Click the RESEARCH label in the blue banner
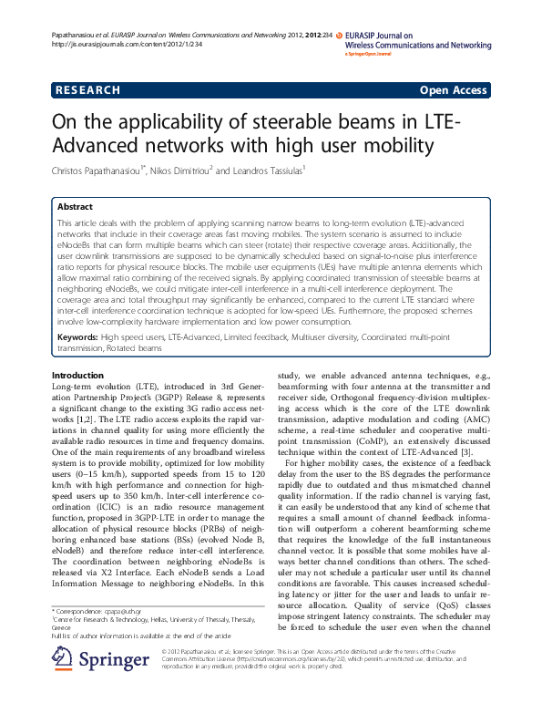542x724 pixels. pyautogui.click(x=87, y=90)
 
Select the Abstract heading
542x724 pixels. pyautogui.click(x=75, y=207)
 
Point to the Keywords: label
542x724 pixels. pyautogui.click(x=77, y=337)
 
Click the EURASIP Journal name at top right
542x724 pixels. pyautogui.click(x=419, y=39)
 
